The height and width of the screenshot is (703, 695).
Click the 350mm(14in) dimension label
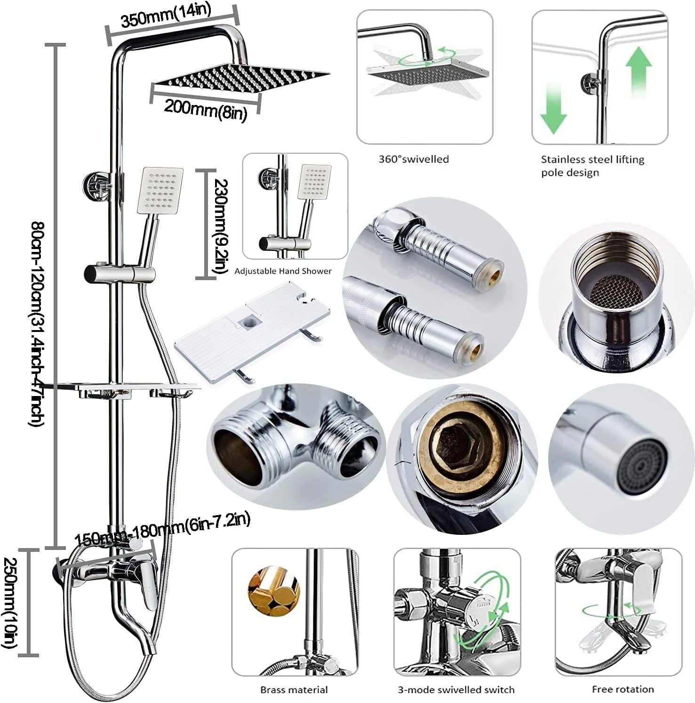click(166, 17)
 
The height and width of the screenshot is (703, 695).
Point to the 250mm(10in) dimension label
click(10, 602)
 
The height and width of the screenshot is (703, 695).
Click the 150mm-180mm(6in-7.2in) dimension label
click(162, 529)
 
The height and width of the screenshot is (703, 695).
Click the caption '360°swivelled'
click(414, 159)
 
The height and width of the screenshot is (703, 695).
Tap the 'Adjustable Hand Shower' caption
click(283, 271)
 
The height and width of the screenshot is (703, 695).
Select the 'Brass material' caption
click(294, 690)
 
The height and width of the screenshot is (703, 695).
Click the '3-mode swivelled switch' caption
click(456, 690)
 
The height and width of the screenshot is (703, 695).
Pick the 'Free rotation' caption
click(623, 689)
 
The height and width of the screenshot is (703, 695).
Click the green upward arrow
click(639, 71)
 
